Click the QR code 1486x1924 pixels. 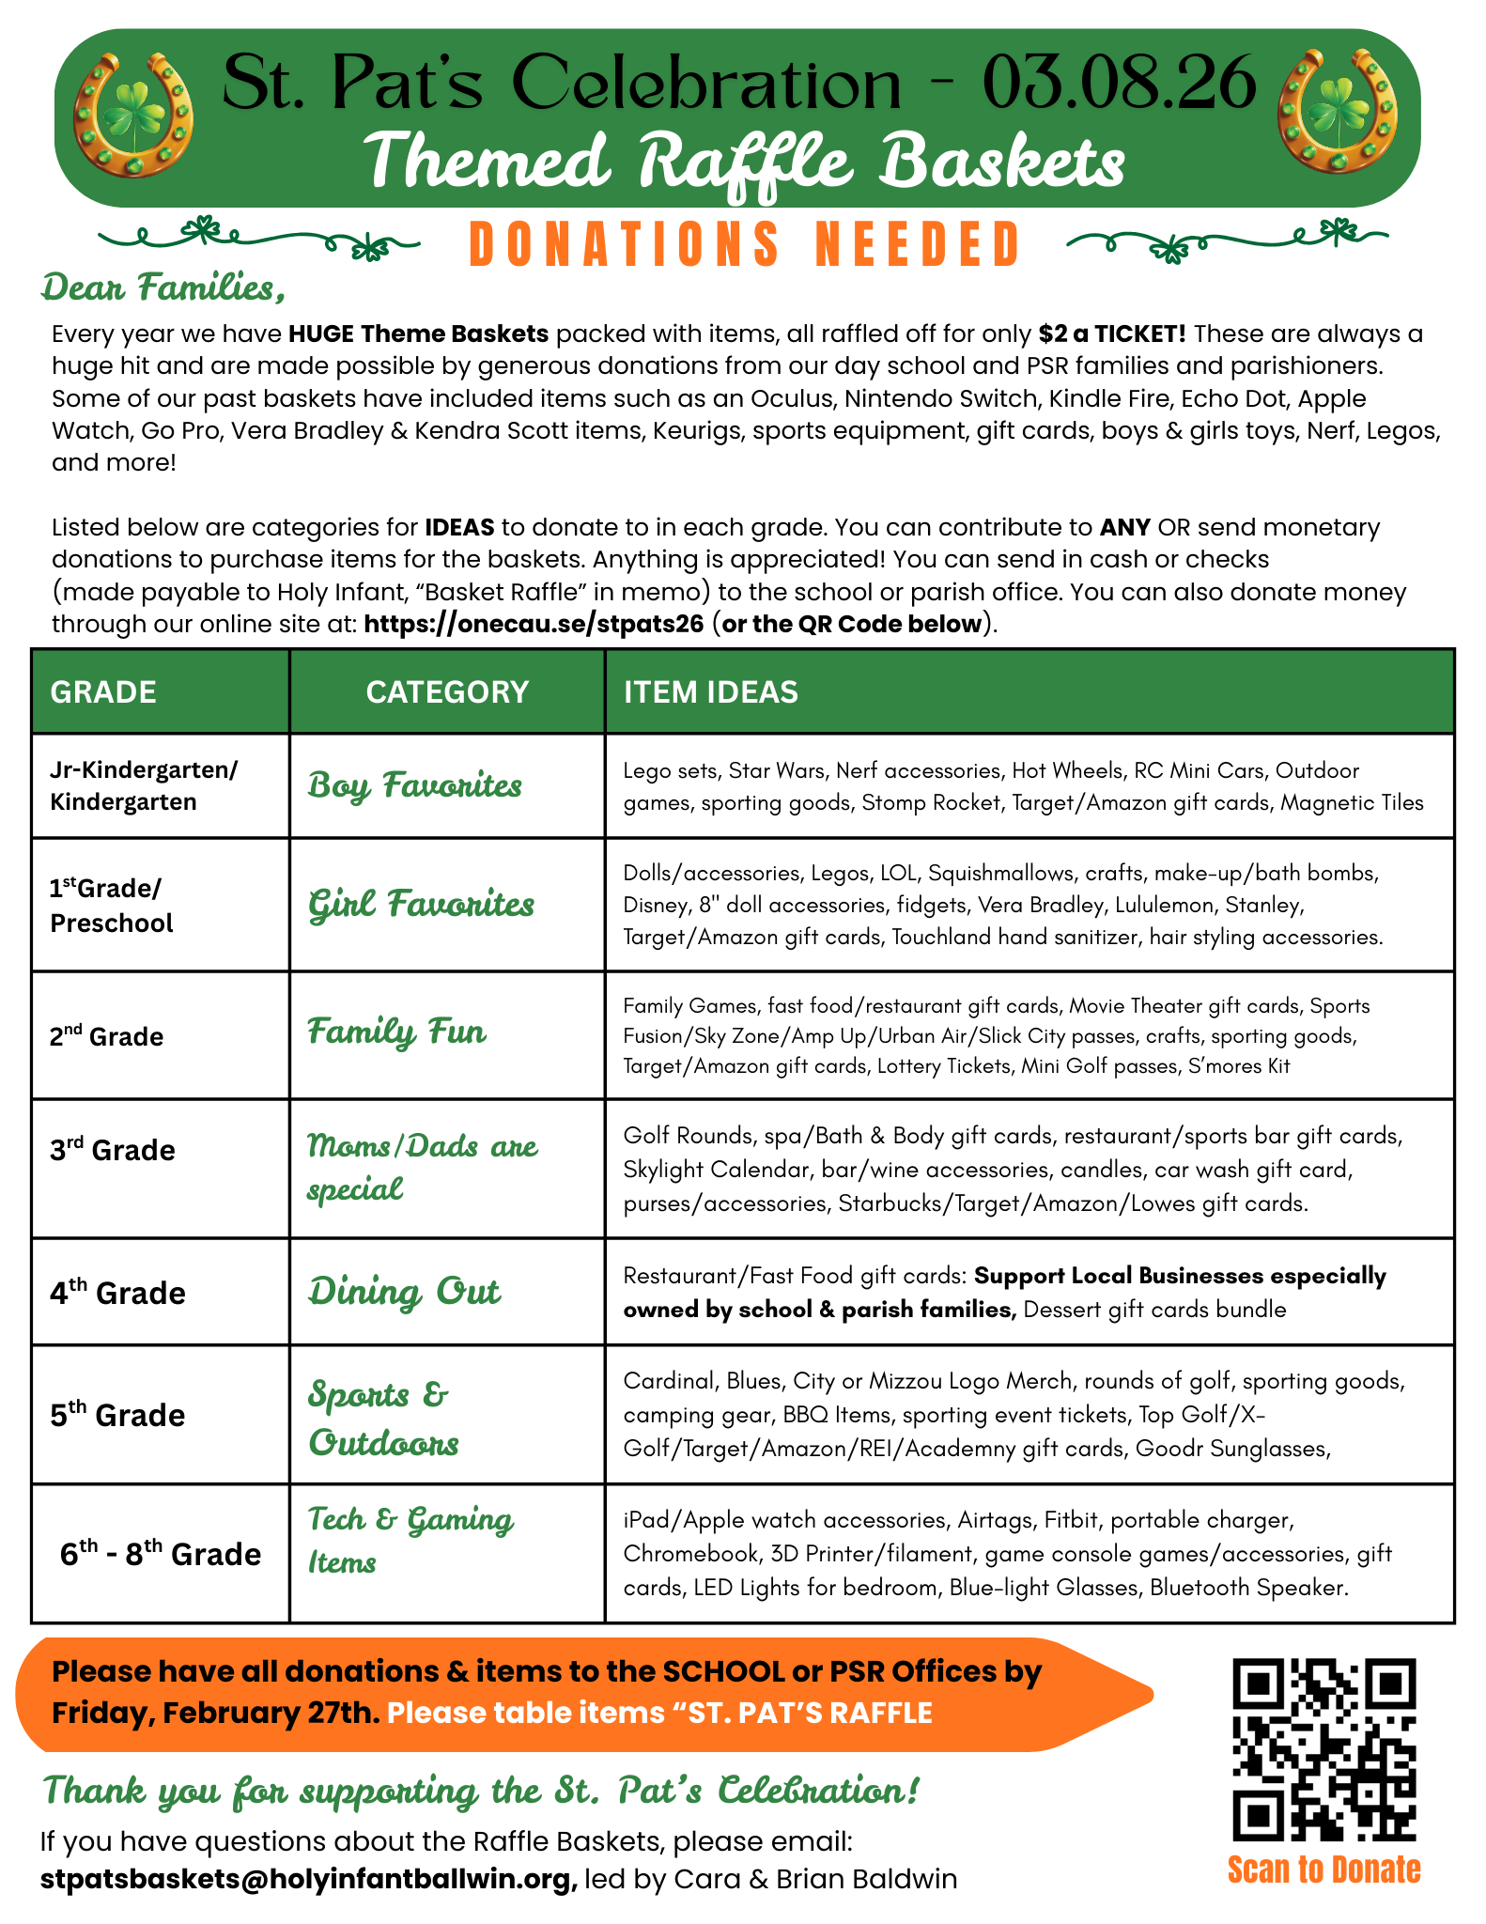(1323, 1749)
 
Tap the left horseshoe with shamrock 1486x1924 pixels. (132, 115)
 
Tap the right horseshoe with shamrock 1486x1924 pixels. (1338, 112)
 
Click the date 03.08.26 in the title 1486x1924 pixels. (1119, 82)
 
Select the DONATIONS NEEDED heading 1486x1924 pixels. (744, 244)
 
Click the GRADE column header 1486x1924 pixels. (103, 692)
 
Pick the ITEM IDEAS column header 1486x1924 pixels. (710, 692)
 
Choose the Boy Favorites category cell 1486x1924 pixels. (414, 785)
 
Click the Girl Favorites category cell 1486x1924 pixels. (421, 904)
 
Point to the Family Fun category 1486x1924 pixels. (396, 1032)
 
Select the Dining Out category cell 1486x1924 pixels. (404, 1292)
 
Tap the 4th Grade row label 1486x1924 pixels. (117, 1293)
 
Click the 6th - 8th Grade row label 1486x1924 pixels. (160, 1554)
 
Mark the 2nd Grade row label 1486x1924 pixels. (106, 1036)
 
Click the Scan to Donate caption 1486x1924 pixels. (1323, 1870)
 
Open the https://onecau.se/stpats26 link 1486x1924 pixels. (534, 624)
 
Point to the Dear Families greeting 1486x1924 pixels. (163, 287)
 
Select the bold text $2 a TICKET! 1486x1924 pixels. (1112, 334)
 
